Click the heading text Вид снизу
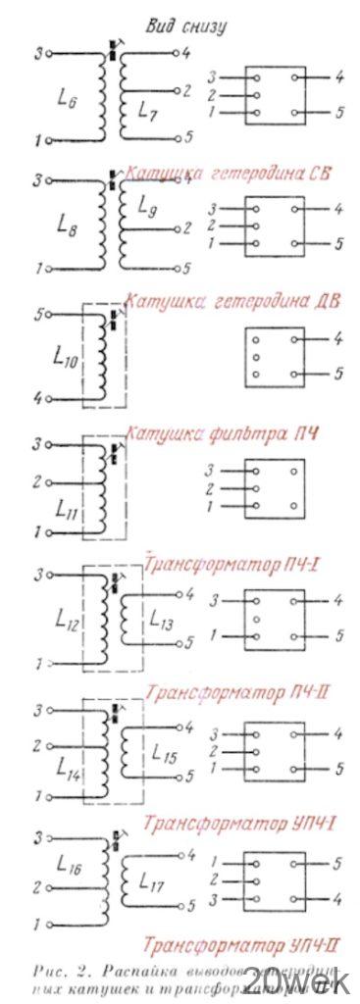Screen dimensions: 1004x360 click(x=186, y=25)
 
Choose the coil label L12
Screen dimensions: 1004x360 click(x=68, y=620)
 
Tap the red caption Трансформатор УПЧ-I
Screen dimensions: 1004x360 click(x=241, y=821)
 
